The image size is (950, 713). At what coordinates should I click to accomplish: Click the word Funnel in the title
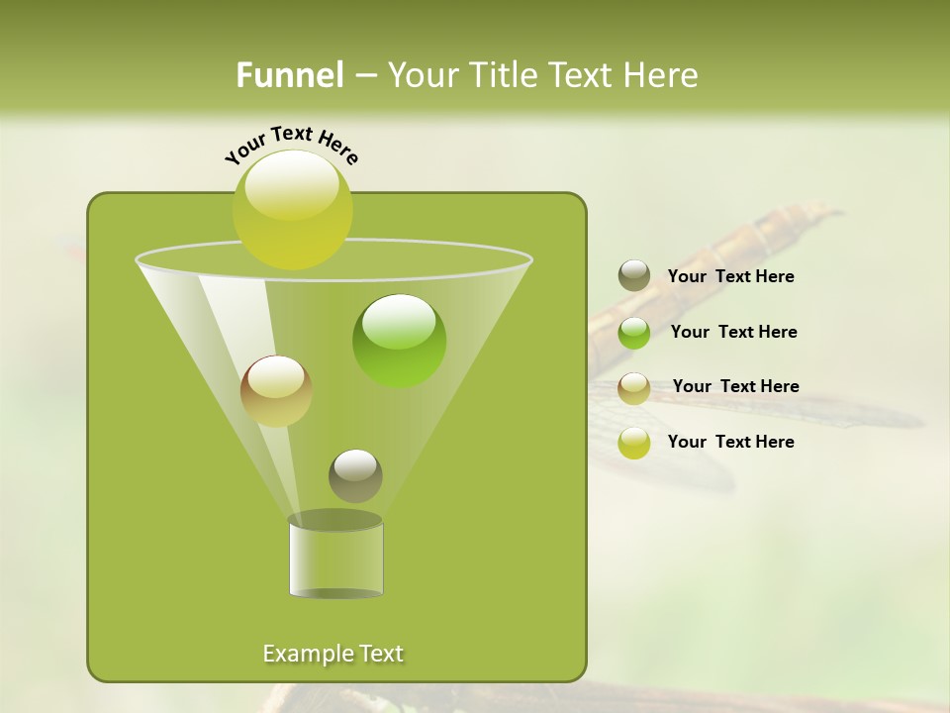coord(290,75)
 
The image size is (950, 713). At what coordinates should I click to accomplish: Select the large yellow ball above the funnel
coord(292,209)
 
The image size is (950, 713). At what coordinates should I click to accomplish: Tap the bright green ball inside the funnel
coord(399,341)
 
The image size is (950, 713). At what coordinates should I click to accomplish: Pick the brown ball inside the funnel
coord(276,390)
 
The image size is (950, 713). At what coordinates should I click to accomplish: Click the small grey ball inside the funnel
coord(355,475)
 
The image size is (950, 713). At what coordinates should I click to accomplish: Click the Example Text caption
coord(332,654)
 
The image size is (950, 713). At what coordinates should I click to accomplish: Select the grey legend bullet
coord(634,276)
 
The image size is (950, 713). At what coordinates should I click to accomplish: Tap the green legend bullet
coord(634,333)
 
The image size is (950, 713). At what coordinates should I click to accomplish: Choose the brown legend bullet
coord(634,388)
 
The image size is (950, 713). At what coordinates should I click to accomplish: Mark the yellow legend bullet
coord(634,443)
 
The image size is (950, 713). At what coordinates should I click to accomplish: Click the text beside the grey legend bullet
coord(730,277)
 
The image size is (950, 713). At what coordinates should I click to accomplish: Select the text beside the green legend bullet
coord(733,332)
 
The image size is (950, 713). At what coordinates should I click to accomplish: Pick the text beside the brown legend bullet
coord(735,386)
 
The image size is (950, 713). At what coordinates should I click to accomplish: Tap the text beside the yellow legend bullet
coord(730,442)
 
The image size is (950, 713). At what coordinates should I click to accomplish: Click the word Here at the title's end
coord(664,75)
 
